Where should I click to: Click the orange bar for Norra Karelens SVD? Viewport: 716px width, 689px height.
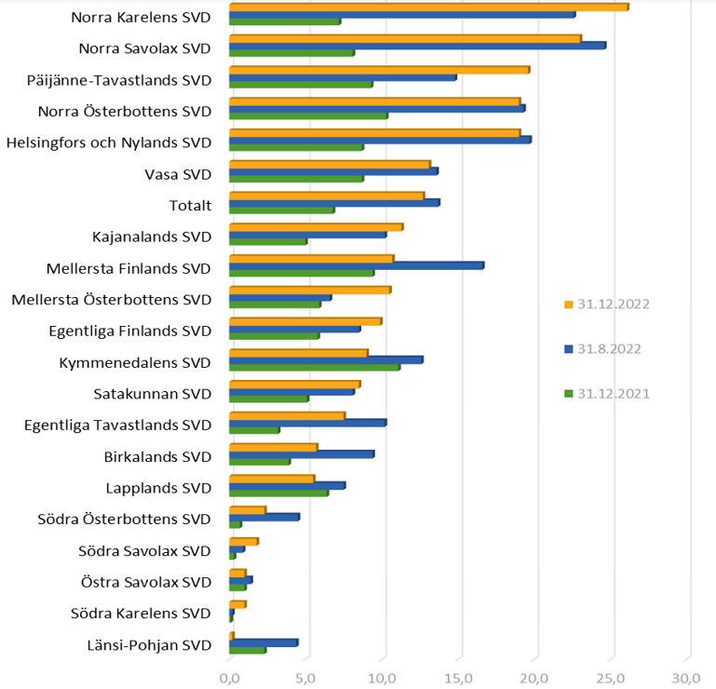428,7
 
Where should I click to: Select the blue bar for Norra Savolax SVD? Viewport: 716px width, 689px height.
417,45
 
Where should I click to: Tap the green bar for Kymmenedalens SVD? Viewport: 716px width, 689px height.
315,367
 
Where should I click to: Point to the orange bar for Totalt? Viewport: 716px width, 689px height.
327,196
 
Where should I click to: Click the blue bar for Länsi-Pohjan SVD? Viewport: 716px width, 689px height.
263,642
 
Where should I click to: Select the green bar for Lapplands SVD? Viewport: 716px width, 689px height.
278,493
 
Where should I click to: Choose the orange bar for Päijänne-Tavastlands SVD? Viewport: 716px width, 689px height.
379,70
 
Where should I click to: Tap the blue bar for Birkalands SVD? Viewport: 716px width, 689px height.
302,453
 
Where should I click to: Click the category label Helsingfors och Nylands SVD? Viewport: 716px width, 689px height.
109,142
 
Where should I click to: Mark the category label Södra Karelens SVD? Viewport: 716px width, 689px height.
142,613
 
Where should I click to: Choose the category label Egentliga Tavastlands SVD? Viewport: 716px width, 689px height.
118,425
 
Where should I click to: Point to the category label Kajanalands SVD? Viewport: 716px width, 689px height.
152,236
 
